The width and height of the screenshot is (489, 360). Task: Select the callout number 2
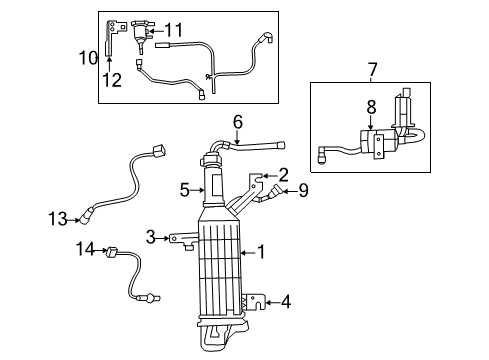[283, 173]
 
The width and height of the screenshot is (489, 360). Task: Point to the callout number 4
[287, 299]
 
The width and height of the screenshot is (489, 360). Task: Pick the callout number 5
[184, 187]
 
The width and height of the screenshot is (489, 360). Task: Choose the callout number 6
[237, 122]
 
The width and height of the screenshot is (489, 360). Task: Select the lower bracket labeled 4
[256, 300]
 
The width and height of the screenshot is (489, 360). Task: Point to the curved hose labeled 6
[255, 148]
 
